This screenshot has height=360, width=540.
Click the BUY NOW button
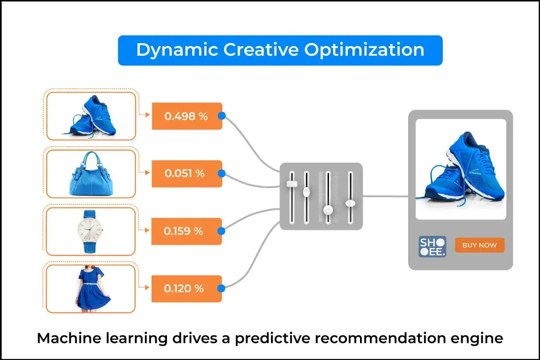pyautogui.click(x=480, y=245)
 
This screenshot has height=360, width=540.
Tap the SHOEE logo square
pyautogui.click(x=432, y=246)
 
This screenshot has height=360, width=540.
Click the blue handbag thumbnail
pyautogui.click(x=90, y=173)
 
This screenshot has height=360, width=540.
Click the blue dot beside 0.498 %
pyautogui.click(x=221, y=116)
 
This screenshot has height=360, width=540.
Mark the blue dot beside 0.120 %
pyautogui.click(x=221, y=288)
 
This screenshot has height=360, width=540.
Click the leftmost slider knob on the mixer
pyautogui.click(x=292, y=184)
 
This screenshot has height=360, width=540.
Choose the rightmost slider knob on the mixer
pyautogui.click(x=350, y=203)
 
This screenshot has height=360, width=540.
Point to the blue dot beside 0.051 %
pyautogui.click(x=221, y=173)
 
